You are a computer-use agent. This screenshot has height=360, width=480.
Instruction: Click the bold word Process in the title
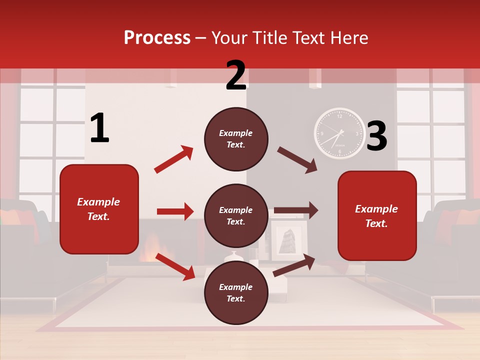[x=157, y=38]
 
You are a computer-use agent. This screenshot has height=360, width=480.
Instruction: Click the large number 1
[x=99, y=128]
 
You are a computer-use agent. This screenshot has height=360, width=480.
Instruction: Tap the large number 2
[x=236, y=75]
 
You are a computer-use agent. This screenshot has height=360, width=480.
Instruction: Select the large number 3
[x=376, y=136]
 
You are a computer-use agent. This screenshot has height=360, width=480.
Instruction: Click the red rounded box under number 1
[x=99, y=209]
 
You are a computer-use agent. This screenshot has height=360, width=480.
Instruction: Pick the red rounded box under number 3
[x=377, y=215]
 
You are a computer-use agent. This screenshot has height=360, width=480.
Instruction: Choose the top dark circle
[x=236, y=139]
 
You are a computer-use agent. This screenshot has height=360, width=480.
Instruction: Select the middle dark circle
[x=236, y=215]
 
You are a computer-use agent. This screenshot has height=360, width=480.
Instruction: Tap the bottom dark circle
[x=236, y=292]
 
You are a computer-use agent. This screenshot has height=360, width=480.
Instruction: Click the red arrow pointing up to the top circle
[x=173, y=159]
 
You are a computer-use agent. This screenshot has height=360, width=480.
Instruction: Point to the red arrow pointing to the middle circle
[x=175, y=211]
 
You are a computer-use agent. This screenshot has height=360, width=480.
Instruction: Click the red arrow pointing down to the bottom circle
[x=175, y=266]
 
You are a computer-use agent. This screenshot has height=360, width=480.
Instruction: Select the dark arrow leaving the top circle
[x=297, y=160]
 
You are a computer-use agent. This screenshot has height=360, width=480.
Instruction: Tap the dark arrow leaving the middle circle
[x=296, y=210]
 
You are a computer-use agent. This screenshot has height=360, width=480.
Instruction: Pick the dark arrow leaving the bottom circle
[x=294, y=265]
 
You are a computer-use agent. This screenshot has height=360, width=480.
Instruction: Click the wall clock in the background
[x=340, y=133]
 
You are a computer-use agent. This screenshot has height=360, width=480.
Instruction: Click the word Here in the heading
[x=349, y=38]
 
